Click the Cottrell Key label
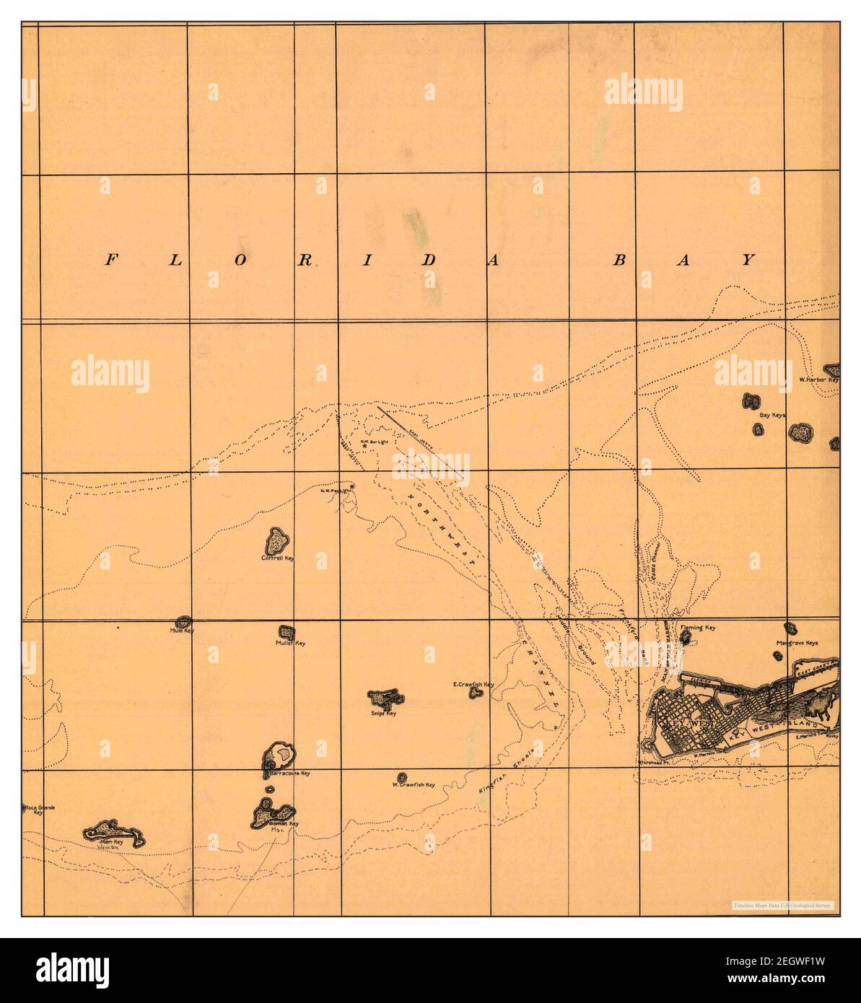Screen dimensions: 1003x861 pos(279,558)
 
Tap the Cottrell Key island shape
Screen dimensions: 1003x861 pos(278,540)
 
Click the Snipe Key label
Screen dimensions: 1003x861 pos(389,714)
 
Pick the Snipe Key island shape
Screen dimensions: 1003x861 pos(385,698)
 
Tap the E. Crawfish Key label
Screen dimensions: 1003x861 pos(473,684)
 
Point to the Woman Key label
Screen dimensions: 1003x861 pos(284,823)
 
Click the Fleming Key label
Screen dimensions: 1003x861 pos(697,628)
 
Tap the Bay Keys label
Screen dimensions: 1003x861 pos(772,416)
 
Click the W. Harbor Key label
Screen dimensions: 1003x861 pos(819,379)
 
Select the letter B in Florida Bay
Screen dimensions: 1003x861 pos(619,261)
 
